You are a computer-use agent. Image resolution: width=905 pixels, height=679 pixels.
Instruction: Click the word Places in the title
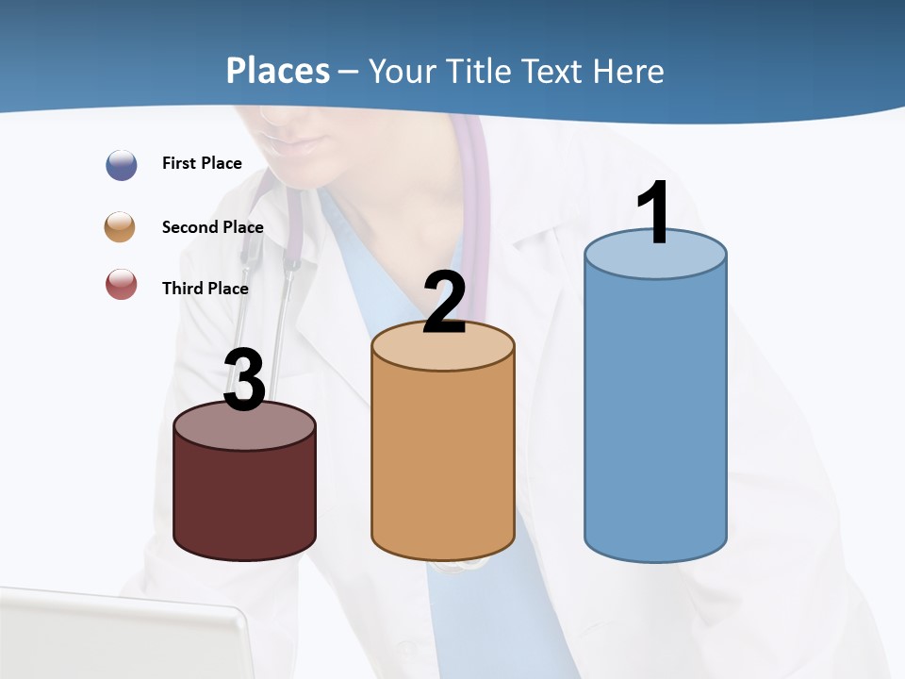pyautogui.click(x=278, y=71)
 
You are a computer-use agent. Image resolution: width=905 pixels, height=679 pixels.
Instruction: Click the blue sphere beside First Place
pyautogui.click(x=122, y=164)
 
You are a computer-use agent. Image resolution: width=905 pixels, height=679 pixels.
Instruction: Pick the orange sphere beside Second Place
pyautogui.click(x=121, y=227)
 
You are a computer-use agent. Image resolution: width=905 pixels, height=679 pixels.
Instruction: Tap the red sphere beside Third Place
pyautogui.click(x=122, y=284)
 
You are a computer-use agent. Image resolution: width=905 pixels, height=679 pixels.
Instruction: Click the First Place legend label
pyautogui.click(x=202, y=163)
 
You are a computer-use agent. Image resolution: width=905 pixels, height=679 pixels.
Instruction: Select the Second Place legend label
pyautogui.click(x=212, y=227)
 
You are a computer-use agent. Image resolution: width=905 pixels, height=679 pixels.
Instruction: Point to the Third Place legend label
pyautogui.click(x=205, y=289)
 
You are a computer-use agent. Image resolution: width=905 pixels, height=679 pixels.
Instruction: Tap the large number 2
pyautogui.click(x=444, y=302)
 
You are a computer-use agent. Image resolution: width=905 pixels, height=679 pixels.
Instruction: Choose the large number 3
pyautogui.click(x=244, y=380)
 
